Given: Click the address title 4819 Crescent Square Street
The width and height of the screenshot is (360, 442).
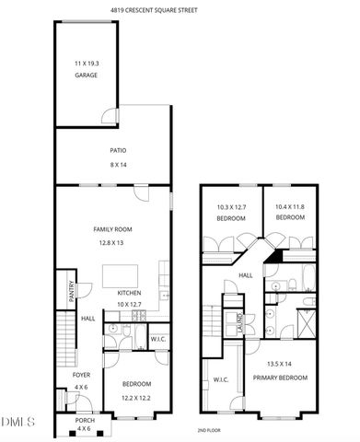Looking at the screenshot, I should (x=180, y=10).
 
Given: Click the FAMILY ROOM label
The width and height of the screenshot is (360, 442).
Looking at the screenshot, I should (x=114, y=229).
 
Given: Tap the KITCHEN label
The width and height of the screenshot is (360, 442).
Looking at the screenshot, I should (x=128, y=293).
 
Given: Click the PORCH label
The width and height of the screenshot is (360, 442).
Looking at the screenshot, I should (x=84, y=419).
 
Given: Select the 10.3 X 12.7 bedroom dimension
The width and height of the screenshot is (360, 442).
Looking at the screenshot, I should (x=230, y=208).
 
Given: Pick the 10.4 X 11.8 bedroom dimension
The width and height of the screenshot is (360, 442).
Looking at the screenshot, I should (x=290, y=208).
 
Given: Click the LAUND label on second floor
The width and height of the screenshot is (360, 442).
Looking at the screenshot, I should (x=239, y=324).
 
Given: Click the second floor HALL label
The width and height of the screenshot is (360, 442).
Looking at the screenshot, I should (x=246, y=274).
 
